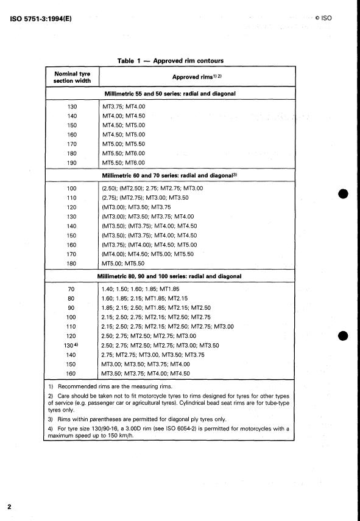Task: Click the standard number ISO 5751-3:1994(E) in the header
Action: tap(41, 18)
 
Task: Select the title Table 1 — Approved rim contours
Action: tap(170, 61)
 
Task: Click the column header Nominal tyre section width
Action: tap(72, 77)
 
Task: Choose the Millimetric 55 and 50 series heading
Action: tap(170, 94)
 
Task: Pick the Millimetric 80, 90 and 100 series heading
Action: tap(170, 276)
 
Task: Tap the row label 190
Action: tap(72, 163)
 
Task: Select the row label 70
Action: tap(72, 288)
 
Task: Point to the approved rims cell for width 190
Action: tap(124, 163)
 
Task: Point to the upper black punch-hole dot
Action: tap(343, 195)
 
